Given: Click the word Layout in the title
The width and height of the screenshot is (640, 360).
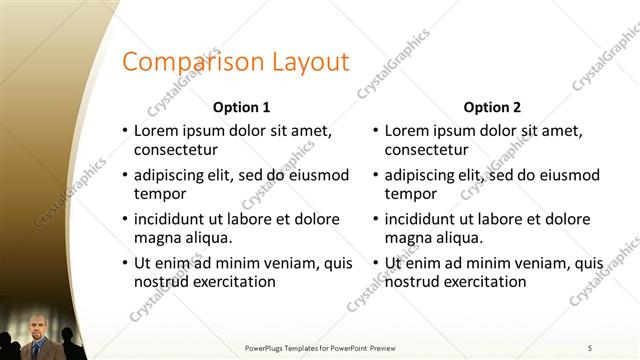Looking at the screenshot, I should [310, 62].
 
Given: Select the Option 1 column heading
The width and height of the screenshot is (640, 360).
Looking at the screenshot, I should [241, 107].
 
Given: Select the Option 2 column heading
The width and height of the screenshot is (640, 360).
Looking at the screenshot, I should [492, 107].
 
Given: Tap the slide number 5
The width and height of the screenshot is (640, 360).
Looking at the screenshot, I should [590, 347].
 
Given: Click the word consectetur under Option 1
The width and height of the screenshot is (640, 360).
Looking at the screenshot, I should [176, 150].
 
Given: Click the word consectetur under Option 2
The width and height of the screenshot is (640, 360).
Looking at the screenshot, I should [427, 150].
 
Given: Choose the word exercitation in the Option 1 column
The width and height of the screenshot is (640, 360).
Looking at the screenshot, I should [233, 282].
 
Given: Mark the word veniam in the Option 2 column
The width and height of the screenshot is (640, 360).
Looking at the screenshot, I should [542, 263].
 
